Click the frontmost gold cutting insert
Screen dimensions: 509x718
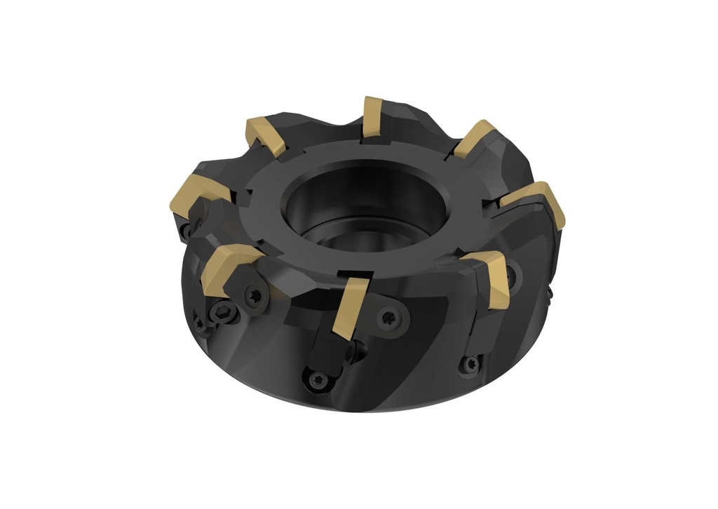(348, 307)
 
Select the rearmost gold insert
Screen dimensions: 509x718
(373, 117)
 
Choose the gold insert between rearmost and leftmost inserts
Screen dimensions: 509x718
(268, 137)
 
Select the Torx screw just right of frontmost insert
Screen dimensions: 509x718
(387, 318)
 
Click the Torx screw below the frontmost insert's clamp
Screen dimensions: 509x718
(314, 379)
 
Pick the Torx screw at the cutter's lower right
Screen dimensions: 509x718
(471, 364)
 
